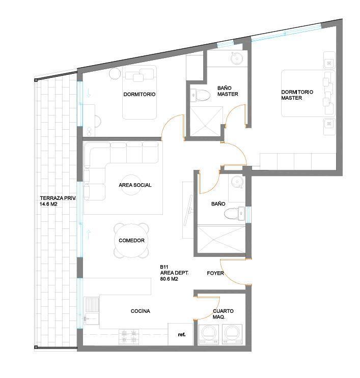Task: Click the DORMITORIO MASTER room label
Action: click(x=297, y=95)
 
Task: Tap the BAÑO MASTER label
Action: click(x=228, y=91)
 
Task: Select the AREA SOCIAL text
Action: click(x=135, y=185)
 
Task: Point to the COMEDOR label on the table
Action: click(x=131, y=241)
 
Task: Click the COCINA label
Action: click(x=141, y=311)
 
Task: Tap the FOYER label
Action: click(x=215, y=273)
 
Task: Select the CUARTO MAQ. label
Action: click(x=223, y=314)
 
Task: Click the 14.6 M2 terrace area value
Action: click(x=48, y=204)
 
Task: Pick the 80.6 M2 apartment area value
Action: click(x=169, y=279)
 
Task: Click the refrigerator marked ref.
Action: click(x=181, y=334)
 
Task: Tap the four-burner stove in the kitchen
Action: click(x=129, y=337)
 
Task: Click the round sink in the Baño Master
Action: click(x=237, y=58)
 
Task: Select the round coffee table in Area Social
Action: click(x=131, y=185)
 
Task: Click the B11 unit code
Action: click(x=164, y=267)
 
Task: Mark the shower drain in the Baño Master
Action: click(x=206, y=126)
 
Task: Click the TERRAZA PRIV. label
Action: click(x=58, y=198)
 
